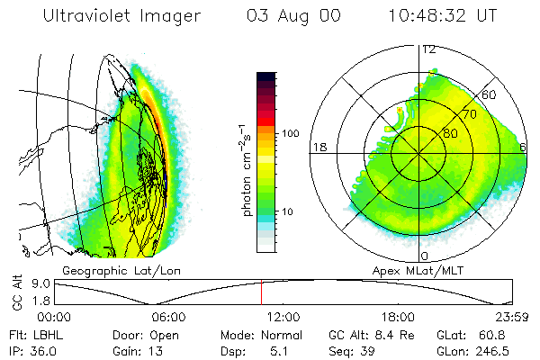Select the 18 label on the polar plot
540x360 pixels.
point(318,146)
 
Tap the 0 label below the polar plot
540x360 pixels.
point(425,244)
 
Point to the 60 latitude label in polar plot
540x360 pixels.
point(490,94)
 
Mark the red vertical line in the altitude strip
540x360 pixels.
point(261,292)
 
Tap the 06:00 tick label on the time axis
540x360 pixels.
point(168,317)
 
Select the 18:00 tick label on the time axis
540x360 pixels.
point(398,317)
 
